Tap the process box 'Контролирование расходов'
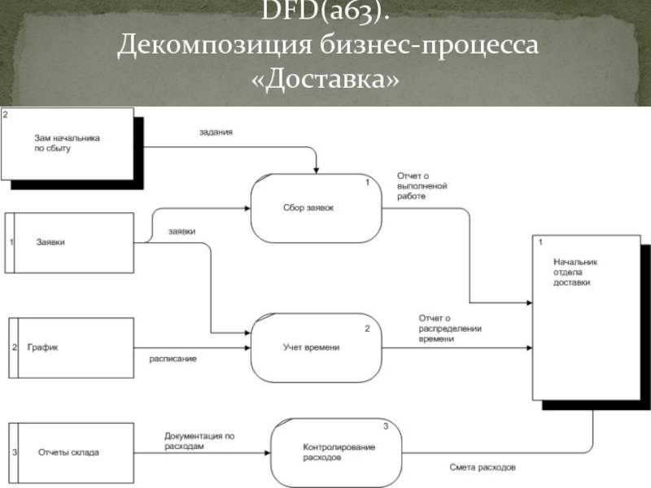click(333, 452)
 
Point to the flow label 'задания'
click(216, 132)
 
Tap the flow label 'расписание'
click(172, 358)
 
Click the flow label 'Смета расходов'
click(483, 468)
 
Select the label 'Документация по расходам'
click(199, 441)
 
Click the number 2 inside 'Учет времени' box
click(367, 329)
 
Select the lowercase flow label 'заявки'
click(181, 231)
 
